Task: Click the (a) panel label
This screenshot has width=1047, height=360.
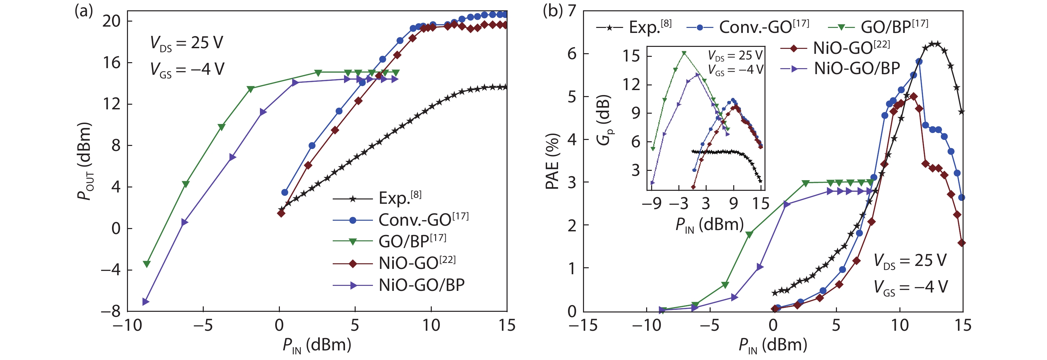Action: [84, 11]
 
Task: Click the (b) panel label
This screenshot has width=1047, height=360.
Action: [552, 11]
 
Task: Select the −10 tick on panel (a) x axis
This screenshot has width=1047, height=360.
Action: [127, 325]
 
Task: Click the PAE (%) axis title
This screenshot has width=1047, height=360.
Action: [552, 161]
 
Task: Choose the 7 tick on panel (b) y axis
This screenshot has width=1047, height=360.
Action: [572, 11]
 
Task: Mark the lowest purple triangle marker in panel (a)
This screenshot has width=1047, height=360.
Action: [146, 302]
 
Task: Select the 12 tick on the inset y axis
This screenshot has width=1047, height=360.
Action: [632, 84]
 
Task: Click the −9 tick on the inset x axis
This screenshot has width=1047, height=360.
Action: [651, 203]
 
